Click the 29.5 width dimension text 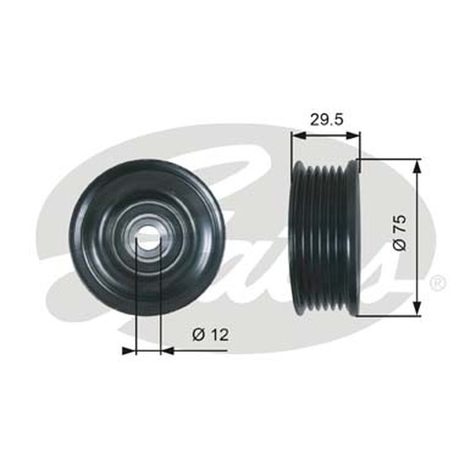[326, 119]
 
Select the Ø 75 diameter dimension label [399, 232]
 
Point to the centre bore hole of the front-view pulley [148, 238]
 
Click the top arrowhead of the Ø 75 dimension [417, 165]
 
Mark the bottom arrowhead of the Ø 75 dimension [417, 309]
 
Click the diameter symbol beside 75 [399, 245]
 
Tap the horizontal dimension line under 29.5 [326, 135]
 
